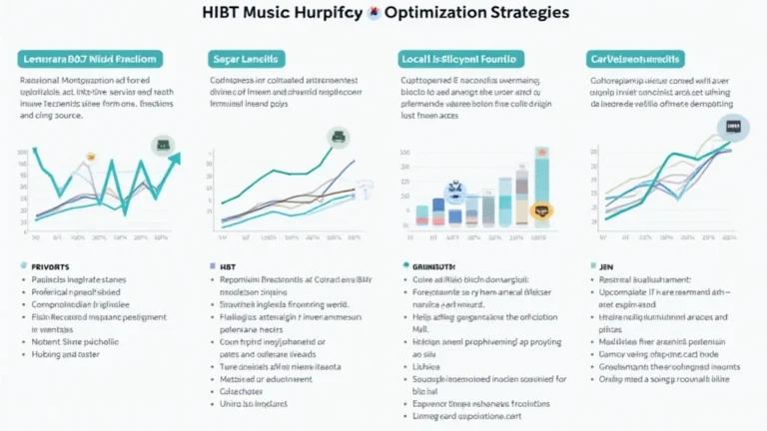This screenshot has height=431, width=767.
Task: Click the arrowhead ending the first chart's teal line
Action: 176,157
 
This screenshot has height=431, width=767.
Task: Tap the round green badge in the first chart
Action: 161,146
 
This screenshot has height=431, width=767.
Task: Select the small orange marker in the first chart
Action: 89,157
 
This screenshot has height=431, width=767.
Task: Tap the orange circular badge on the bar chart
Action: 541,211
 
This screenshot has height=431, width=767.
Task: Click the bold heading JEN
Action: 606,267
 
